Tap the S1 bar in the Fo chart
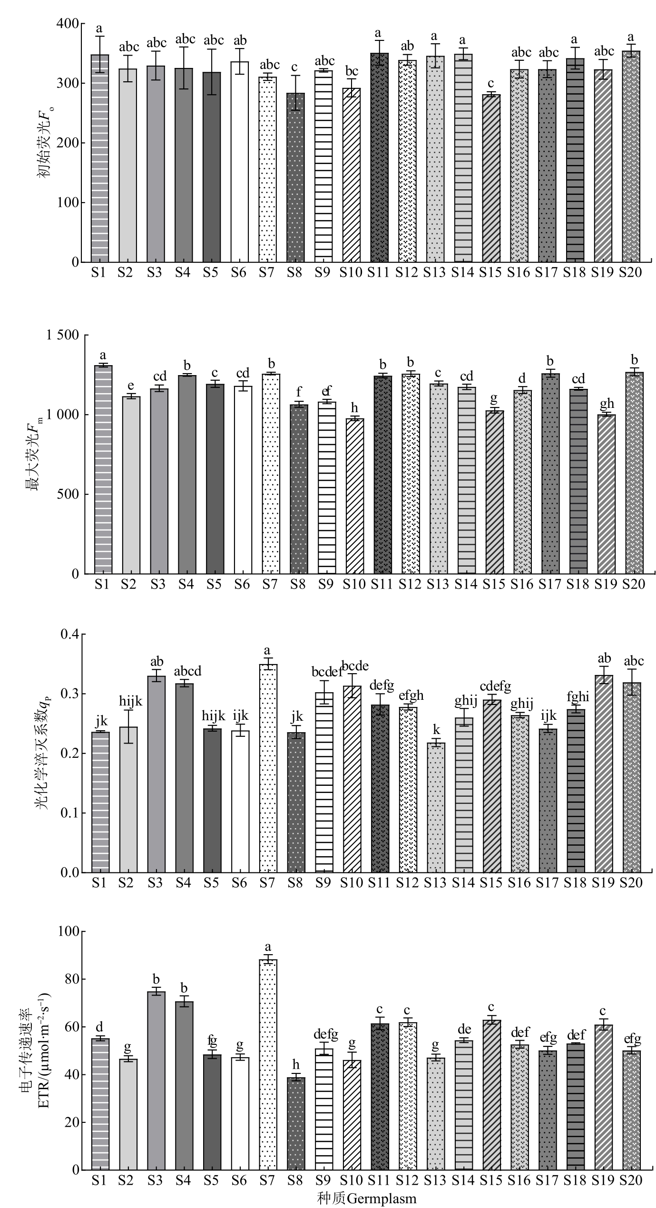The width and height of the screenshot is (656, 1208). pyautogui.click(x=100, y=158)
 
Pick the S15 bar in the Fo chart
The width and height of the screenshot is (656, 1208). pyautogui.click(x=491, y=178)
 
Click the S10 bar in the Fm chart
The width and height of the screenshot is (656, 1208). pyautogui.click(x=354, y=496)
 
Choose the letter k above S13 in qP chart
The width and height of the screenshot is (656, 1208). pyautogui.click(x=436, y=730)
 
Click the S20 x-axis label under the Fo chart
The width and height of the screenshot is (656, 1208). pyautogui.click(x=630, y=272)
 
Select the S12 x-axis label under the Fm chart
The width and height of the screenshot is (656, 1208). pyautogui.click(x=410, y=584)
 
